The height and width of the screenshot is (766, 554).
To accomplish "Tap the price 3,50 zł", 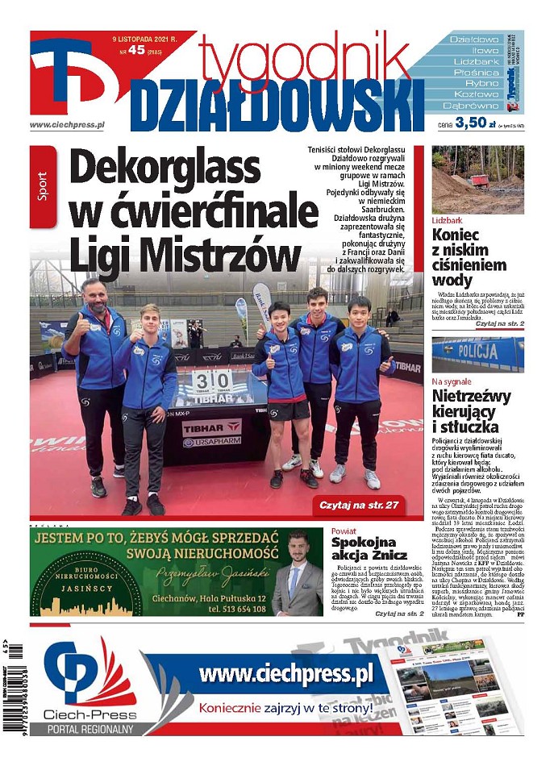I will point(473,123).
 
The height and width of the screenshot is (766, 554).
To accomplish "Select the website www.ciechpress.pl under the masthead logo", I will point(68,125).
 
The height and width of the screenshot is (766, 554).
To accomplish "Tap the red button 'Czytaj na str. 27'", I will point(364,506).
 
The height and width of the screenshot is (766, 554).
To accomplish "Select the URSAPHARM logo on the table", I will point(212,442).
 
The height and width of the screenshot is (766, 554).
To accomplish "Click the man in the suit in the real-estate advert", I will point(296,573).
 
